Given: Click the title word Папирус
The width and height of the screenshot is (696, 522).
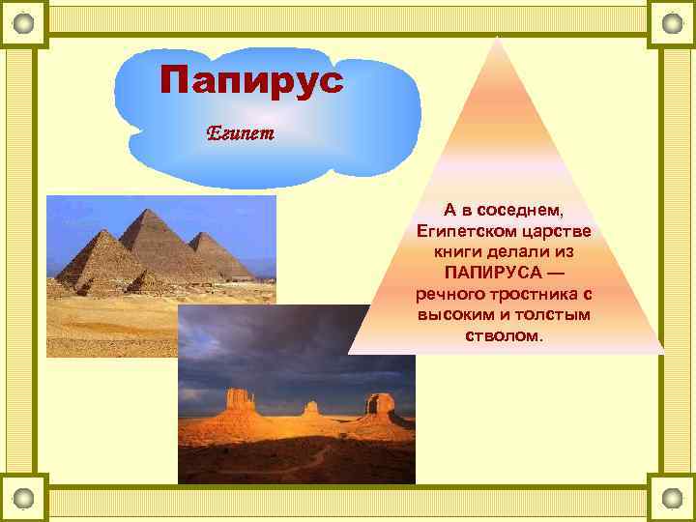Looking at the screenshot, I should (x=251, y=79).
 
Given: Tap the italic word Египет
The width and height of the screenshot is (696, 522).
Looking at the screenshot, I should (x=241, y=133).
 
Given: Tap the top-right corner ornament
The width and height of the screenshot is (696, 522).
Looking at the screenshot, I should (x=671, y=22).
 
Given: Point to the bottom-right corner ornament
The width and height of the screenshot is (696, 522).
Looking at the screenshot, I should (x=671, y=498).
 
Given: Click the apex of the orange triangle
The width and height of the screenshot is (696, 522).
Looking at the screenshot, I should (x=497, y=39).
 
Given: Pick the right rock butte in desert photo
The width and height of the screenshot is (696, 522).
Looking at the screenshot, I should (x=381, y=406).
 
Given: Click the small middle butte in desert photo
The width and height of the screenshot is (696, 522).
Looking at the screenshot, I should (x=310, y=409).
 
